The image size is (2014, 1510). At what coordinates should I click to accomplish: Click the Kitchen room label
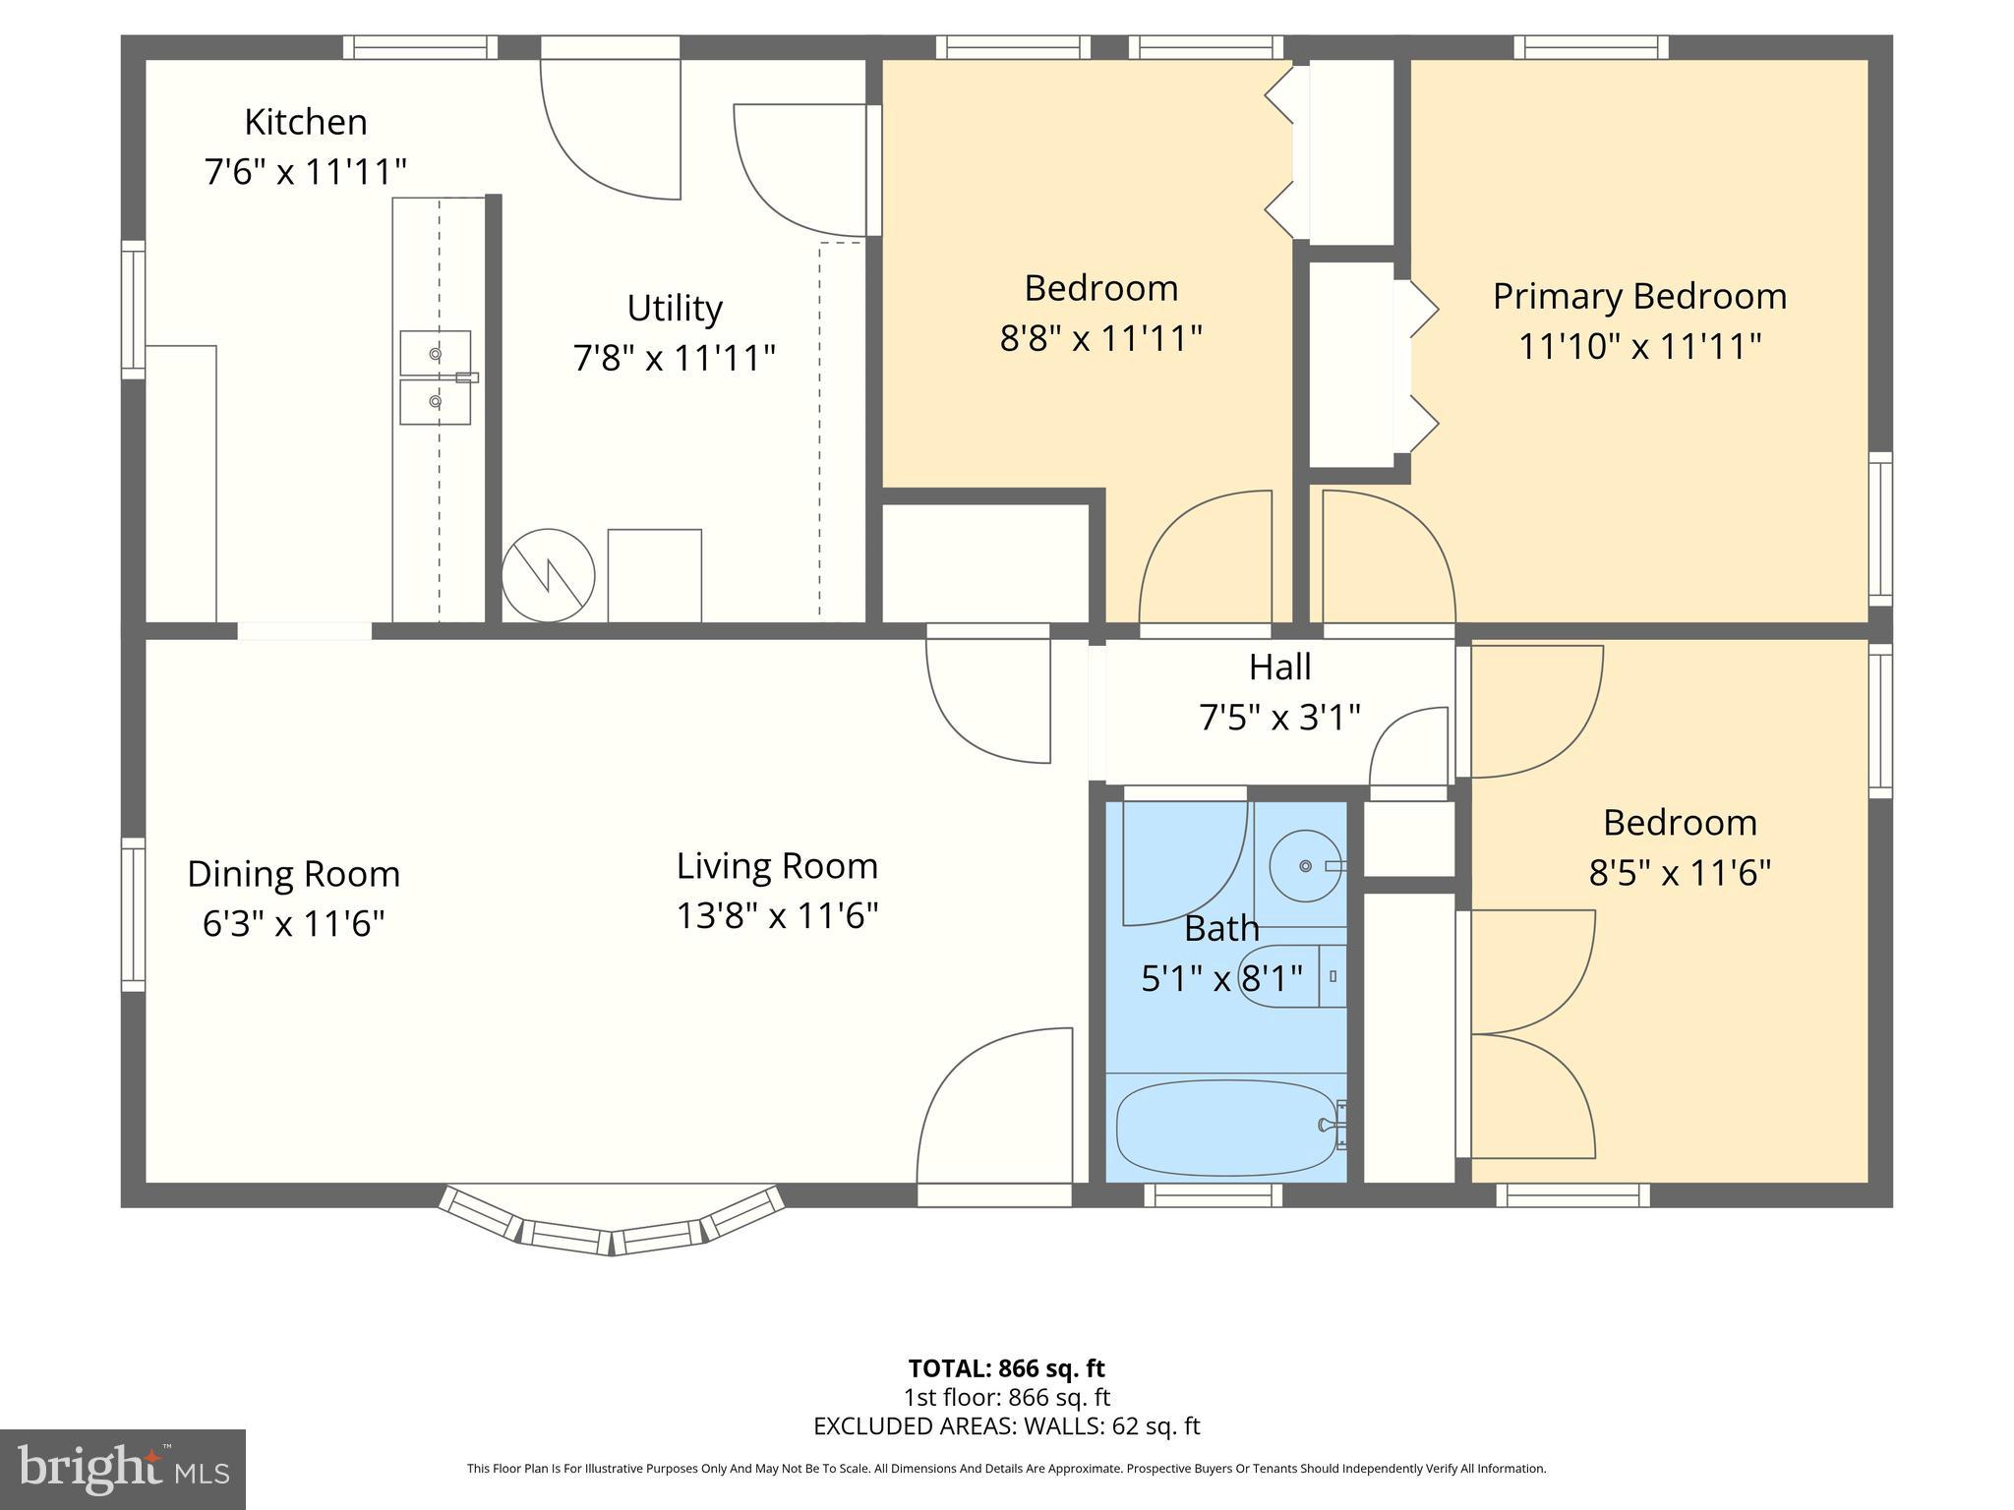pos(305,122)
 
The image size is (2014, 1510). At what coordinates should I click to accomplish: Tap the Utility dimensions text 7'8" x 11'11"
pos(674,358)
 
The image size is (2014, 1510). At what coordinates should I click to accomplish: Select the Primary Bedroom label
pos(1639,296)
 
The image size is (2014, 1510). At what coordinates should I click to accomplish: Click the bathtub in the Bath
pos(1226,1128)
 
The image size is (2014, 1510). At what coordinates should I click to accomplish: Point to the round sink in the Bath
pos(1305,865)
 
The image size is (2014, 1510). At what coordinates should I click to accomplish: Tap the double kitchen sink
pos(435,377)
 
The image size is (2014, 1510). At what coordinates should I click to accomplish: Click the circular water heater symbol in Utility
pos(548,575)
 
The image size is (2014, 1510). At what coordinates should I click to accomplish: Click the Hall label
pos(1279,668)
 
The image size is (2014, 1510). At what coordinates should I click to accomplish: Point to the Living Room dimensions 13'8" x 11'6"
pos(777,916)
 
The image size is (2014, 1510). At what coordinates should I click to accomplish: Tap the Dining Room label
pos(293,874)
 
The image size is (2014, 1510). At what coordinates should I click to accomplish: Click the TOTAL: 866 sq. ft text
pos(1006,1368)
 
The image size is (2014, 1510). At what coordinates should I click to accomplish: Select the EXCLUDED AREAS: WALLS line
pos(1006,1426)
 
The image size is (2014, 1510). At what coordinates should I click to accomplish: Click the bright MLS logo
pos(122,1470)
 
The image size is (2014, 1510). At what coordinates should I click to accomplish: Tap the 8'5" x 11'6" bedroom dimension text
pos(1680,873)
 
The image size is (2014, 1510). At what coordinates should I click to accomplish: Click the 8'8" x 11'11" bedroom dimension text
pos(1100,339)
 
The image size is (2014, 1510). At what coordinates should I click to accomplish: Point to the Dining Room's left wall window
pos(133,914)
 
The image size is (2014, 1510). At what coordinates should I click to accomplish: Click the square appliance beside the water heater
pos(654,575)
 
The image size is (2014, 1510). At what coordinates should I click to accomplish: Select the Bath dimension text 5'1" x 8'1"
pos(1221,979)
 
